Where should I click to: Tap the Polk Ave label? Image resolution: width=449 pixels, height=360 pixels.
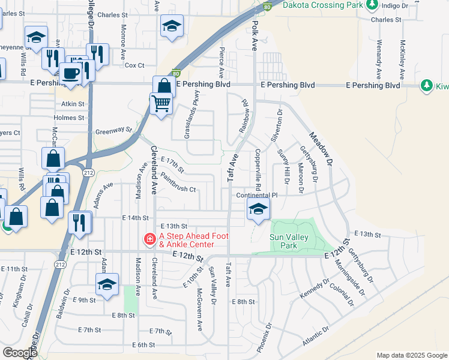point(255,35)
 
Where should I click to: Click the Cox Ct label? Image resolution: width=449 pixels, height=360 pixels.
point(135,65)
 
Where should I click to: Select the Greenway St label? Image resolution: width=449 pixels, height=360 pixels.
point(113,130)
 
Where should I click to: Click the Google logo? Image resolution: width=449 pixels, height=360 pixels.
point(20,353)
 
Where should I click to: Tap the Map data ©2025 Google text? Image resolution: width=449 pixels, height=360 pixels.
point(411,355)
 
